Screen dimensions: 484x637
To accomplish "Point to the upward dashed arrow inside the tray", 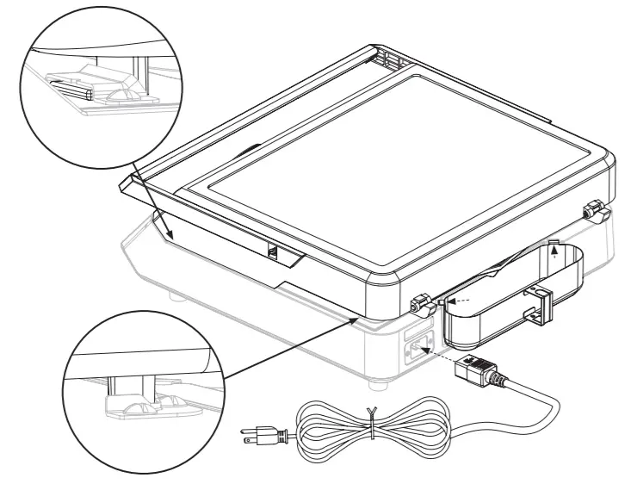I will coord(555,251).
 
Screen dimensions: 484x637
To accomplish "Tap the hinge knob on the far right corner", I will coord(593,208).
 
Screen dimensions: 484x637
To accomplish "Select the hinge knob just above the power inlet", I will coord(420,303).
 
